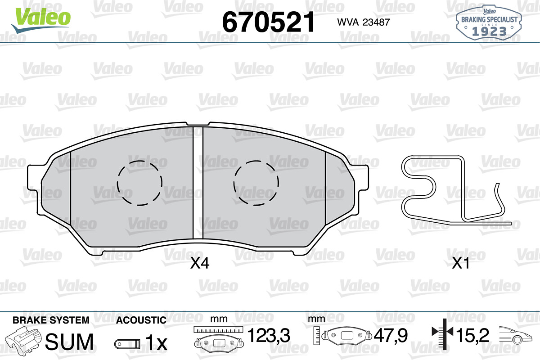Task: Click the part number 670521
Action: tap(268, 22)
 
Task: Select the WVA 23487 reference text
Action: tap(363, 22)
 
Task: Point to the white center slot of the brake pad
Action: tap(198, 183)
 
